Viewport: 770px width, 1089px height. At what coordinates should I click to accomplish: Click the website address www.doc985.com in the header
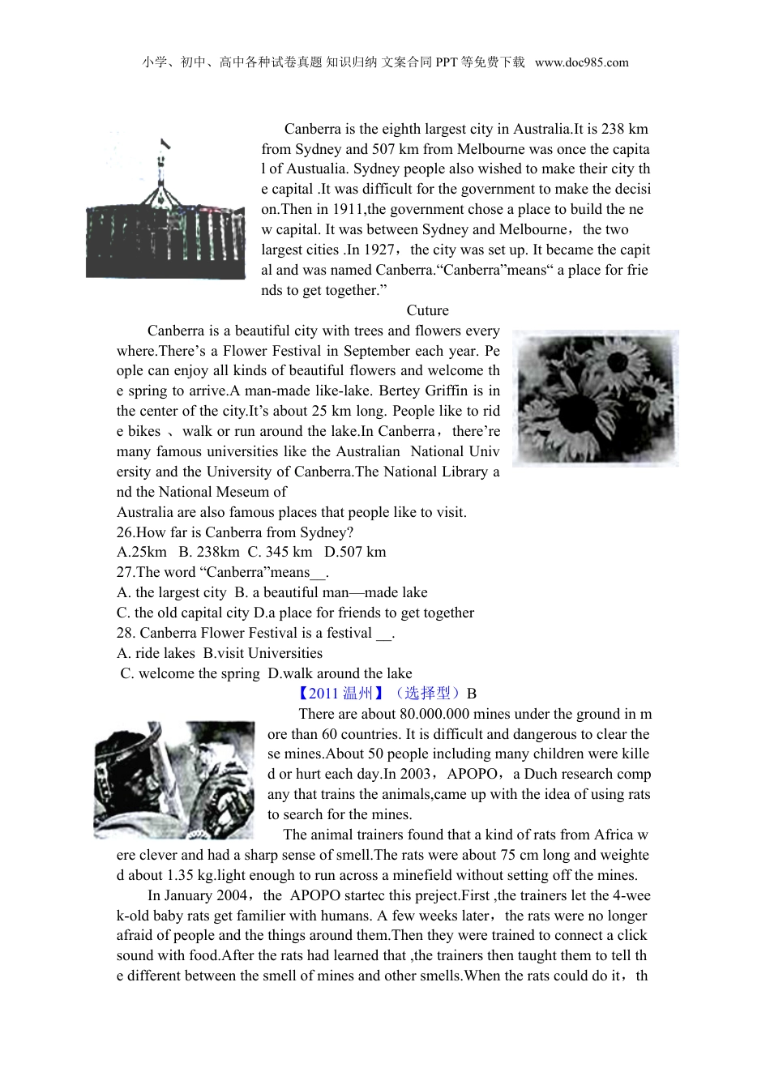tap(581, 62)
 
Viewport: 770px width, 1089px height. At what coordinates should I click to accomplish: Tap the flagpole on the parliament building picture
tap(162, 166)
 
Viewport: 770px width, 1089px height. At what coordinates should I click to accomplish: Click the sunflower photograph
tap(595, 398)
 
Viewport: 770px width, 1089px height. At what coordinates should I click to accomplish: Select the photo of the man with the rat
tap(174, 779)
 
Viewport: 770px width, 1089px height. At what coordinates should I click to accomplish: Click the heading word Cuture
tap(427, 310)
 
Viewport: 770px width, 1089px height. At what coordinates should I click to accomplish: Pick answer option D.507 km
tap(355, 552)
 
